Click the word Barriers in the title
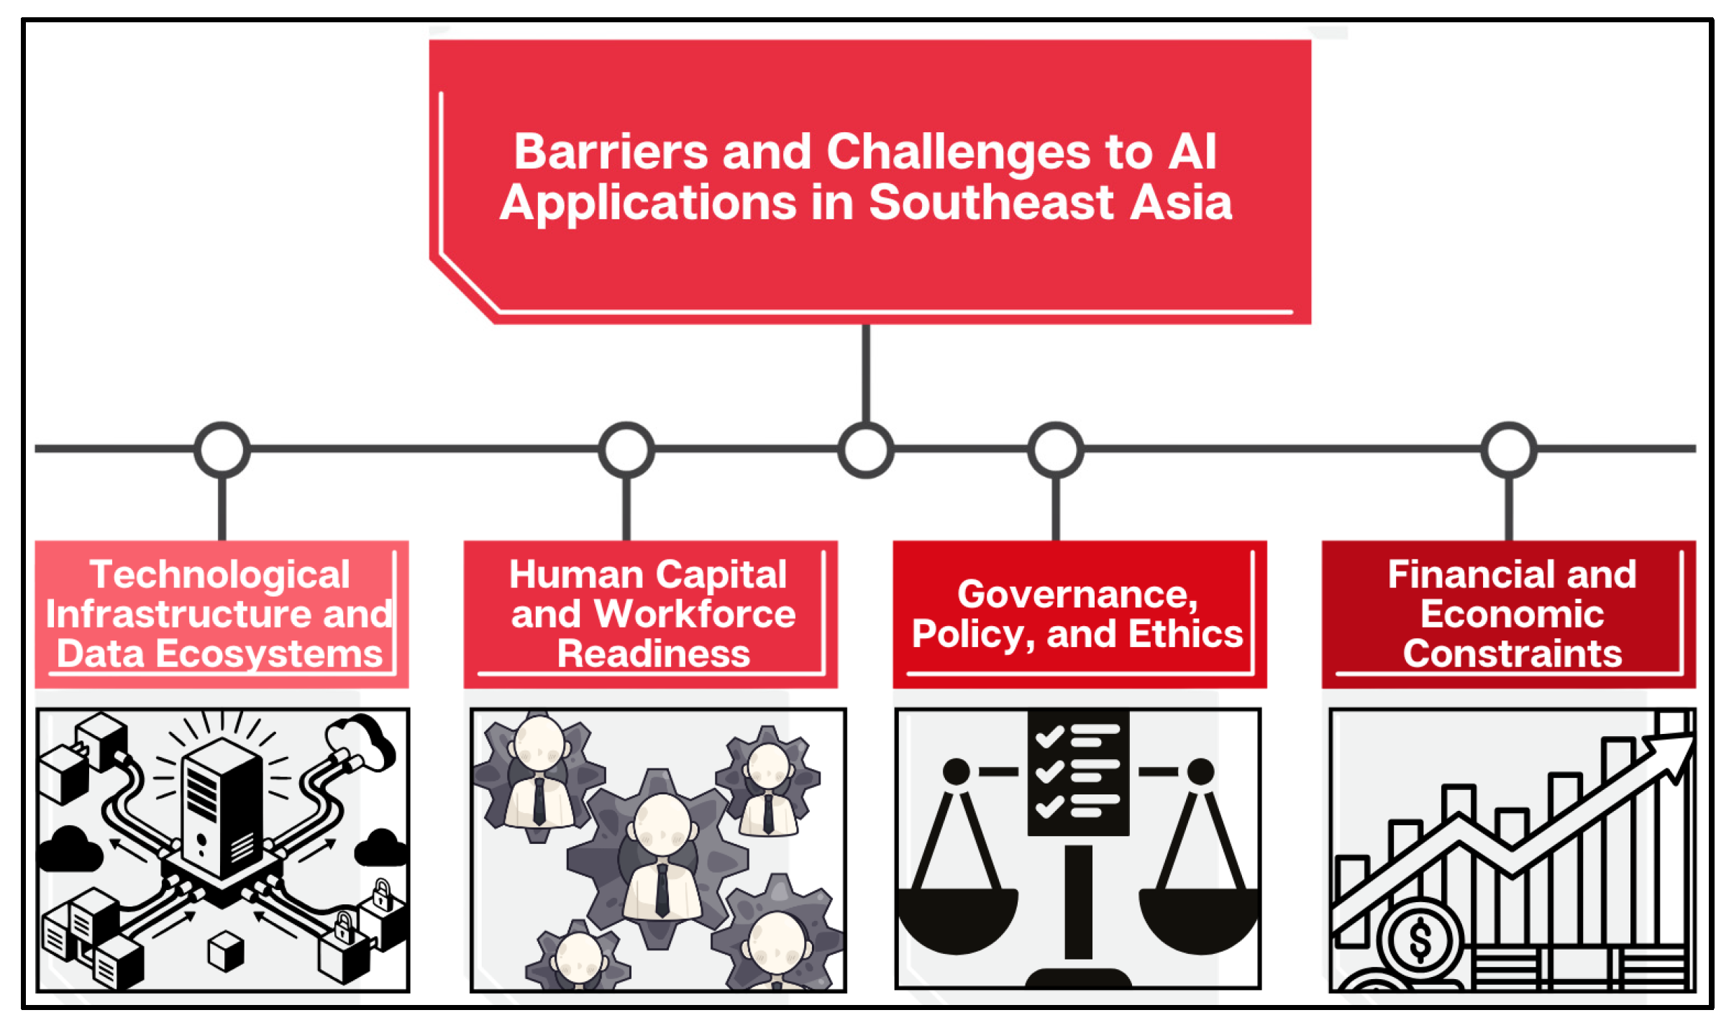click(x=611, y=152)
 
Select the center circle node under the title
click(x=866, y=450)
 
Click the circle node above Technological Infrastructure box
click(x=222, y=450)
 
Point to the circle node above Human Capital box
click(x=626, y=450)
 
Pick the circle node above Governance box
click(x=1055, y=450)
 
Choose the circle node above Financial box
click(x=1509, y=450)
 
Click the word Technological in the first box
click(x=219, y=574)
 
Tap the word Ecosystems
click(x=269, y=654)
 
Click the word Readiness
click(x=653, y=654)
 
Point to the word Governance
click(x=1077, y=595)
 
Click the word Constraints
click(x=1512, y=654)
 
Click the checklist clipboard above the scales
click(x=1077, y=773)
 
